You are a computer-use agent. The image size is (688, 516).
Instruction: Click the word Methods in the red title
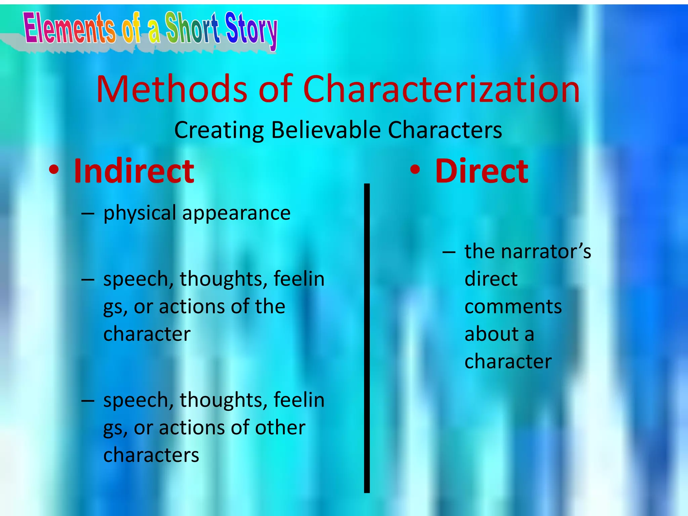(172, 89)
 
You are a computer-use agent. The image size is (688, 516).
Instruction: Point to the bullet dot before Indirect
(54, 171)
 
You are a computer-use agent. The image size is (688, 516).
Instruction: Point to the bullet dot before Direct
(415, 171)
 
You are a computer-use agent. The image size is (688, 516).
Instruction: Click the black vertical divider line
(367, 336)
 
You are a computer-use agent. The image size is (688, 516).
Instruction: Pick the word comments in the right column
(513, 307)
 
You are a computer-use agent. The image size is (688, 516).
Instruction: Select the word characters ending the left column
(151, 455)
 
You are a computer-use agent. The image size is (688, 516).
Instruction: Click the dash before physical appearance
(87, 214)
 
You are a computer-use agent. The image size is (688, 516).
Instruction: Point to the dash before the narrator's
(449, 252)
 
